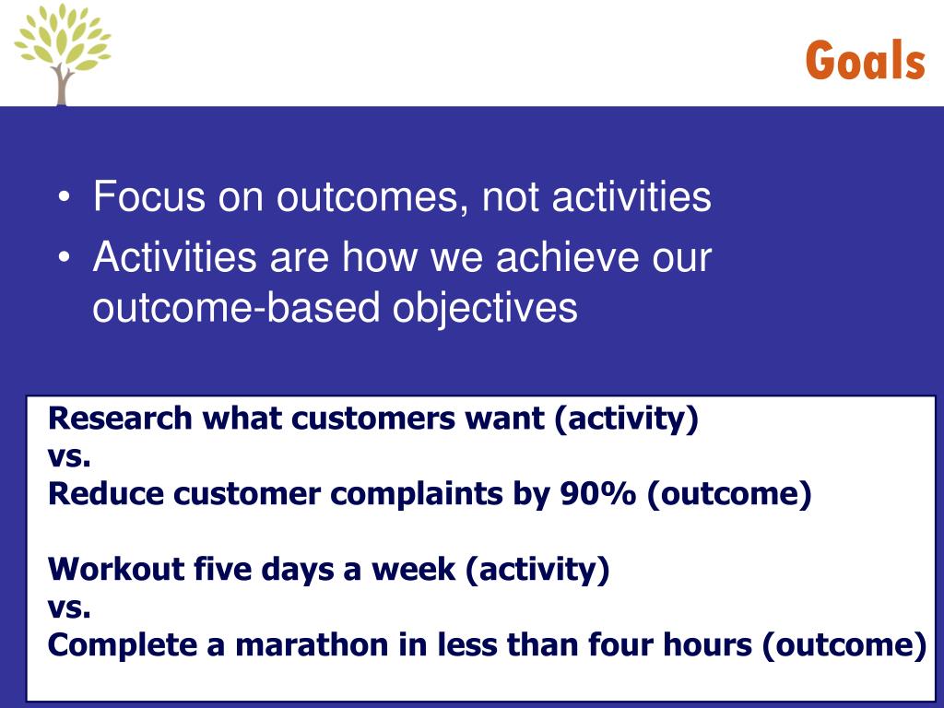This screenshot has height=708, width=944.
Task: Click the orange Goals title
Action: pyautogui.click(x=865, y=60)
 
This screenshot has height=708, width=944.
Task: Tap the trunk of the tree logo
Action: pyautogui.click(x=61, y=84)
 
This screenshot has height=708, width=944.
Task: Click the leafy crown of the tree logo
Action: pyautogui.click(x=63, y=36)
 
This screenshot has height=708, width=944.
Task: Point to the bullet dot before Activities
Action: pyautogui.click(x=65, y=258)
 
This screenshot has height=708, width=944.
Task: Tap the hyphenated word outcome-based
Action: pyautogui.click(x=236, y=308)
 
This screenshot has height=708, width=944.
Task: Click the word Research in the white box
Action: pyautogui.click(x=120, y=418)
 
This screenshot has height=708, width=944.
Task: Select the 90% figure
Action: pyautogui.click(x=597, y=494)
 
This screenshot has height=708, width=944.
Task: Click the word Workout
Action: pyautogui.click(x=116, y=568)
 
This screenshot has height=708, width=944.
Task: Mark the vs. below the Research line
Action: pyautogui.click(x=69, y=458)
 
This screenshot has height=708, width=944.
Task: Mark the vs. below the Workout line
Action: pyautogui.click(x=69, y=608)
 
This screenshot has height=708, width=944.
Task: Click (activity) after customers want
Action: pyautogui.click(x=626, y=419)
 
